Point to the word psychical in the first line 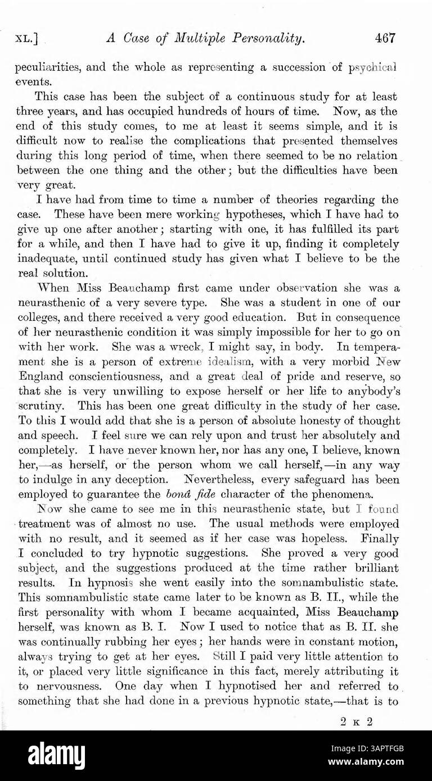pos(373,67)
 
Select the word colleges pos(40,317)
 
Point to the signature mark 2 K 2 pos(357,723)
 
